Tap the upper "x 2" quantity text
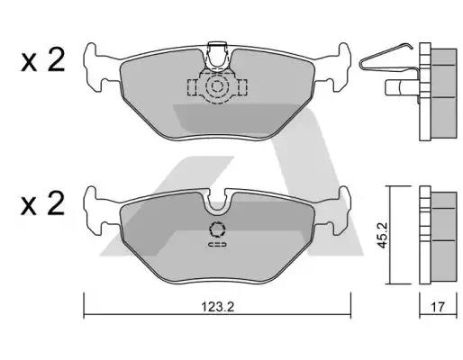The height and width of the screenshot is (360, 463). click(43, 63)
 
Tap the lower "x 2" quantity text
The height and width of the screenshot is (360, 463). click(43, 205)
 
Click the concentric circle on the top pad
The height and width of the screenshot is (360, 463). click(216, 87)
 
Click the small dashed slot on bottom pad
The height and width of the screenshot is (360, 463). click(217, 245)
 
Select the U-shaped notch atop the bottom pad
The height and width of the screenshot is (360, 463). click(216, 199)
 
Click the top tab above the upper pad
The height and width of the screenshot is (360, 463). click(216, 49)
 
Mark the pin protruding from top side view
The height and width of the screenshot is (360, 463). click(397, 89)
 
